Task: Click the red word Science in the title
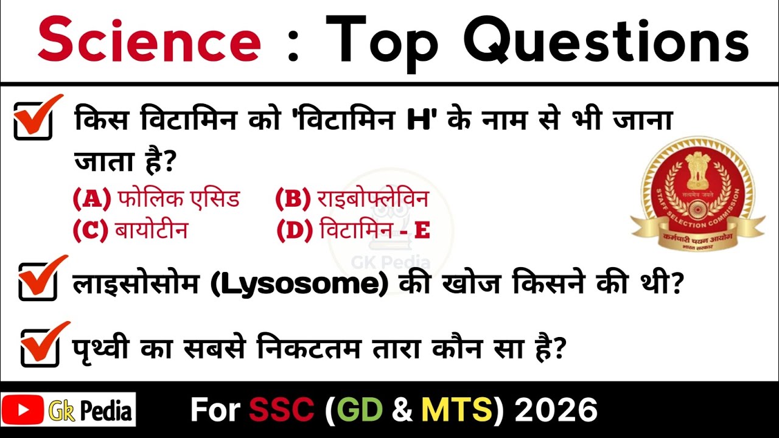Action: coord(149,41)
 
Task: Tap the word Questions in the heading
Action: coord(606,41)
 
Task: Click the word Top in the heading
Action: coord(382,41)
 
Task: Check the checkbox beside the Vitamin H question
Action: coord(34,120)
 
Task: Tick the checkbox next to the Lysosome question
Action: coord(38,281)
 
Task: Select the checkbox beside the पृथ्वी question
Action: coord(40,348)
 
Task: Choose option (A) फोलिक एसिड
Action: coord(156,199)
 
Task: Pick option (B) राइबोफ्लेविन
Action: coord(352,199)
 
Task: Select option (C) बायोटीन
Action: coord(130,231)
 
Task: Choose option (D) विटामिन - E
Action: coord(353,231)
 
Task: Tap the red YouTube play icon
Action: coord(23,409)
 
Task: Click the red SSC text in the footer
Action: coord(281,410)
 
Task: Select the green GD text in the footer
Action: coord(358,410)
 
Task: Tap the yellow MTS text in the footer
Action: coord(457,410)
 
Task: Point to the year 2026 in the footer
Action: coord(556,410)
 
